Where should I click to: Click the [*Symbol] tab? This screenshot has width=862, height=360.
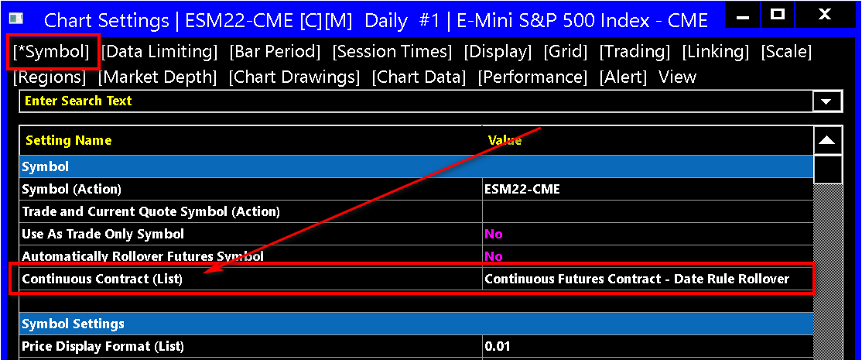50,52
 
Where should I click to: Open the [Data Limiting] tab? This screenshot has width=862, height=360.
159,52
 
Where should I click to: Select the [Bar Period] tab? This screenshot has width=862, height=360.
275,52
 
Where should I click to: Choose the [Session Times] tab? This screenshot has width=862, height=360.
392,52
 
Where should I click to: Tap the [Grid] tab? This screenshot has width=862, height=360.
566,52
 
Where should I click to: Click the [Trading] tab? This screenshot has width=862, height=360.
635,52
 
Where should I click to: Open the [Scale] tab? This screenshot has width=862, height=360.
786,52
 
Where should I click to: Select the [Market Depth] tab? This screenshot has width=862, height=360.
158,77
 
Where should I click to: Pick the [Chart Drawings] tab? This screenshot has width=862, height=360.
294,77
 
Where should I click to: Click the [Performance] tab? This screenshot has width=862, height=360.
532,77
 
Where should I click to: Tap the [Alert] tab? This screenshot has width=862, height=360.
623,77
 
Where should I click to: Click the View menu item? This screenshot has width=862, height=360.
677,77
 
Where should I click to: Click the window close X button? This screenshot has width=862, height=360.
824,15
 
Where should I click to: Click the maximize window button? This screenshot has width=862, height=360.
777,15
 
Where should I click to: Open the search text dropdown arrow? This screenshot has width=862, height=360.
827,101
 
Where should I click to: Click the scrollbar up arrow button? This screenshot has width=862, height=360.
827,141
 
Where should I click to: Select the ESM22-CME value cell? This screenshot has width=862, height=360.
522,189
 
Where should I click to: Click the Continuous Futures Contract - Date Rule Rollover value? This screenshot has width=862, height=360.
637,279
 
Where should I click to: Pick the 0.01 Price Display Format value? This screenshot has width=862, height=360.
498,347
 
